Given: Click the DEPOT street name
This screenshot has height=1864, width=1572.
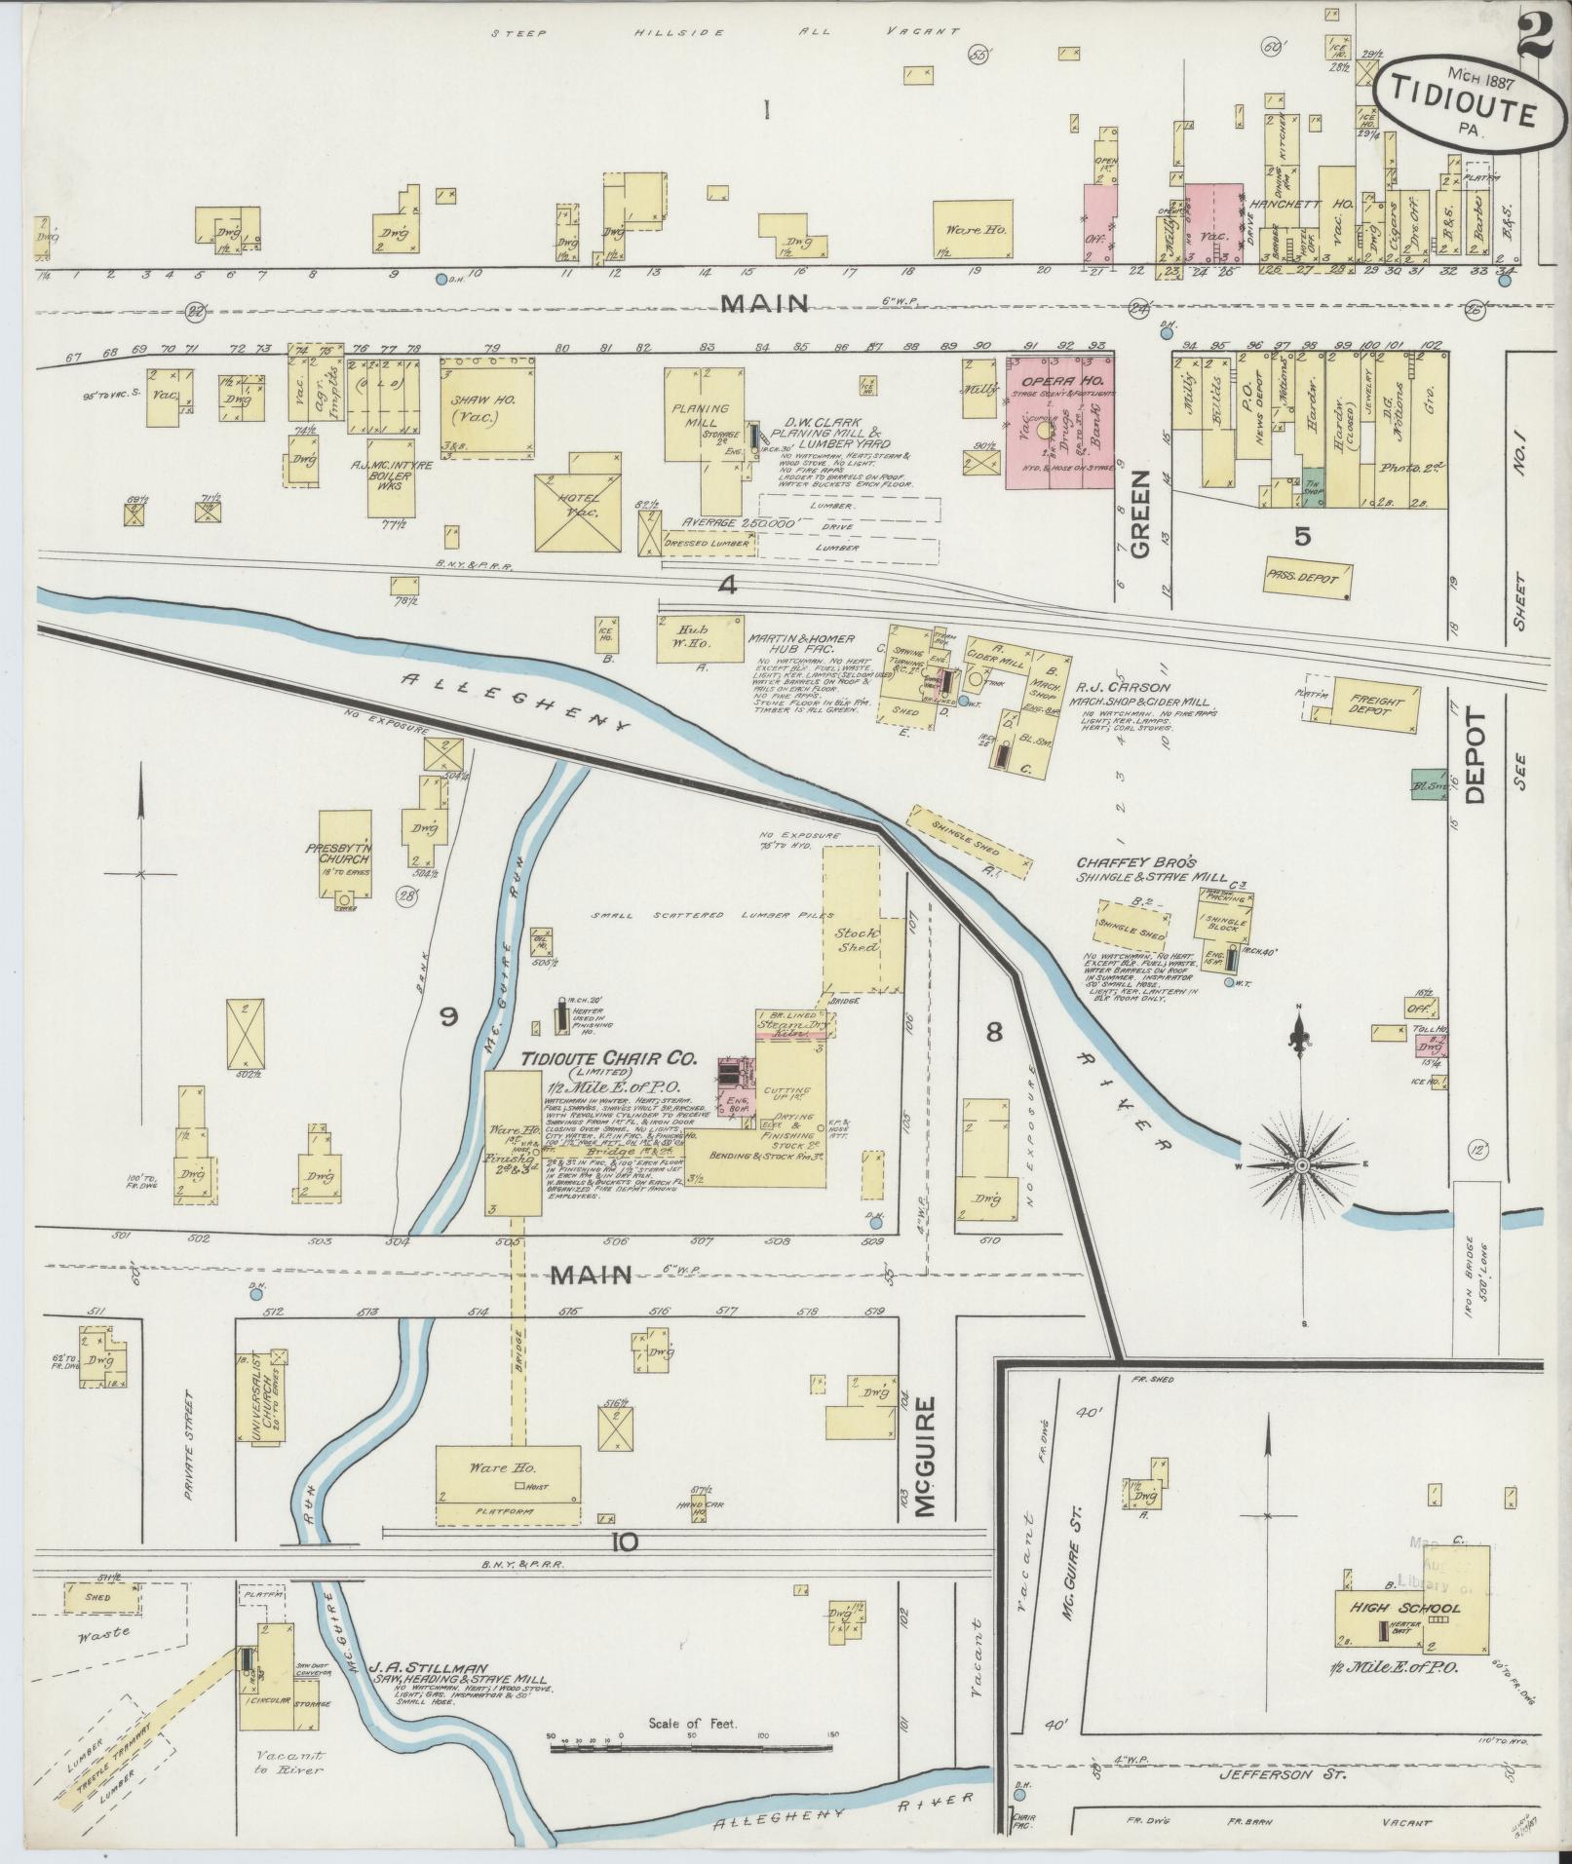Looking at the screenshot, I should (1478, 757).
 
